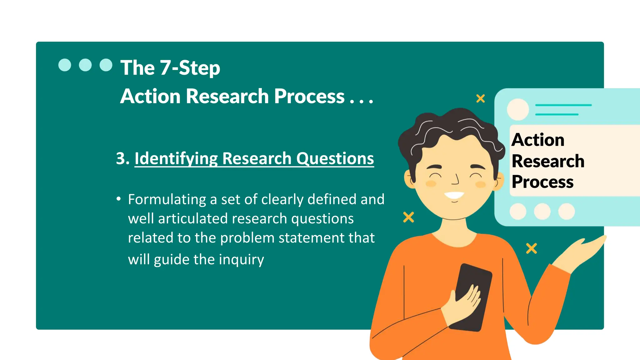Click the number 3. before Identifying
[x=122, y=158]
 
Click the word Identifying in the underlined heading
[x=176, y=158]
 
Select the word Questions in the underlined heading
[x=335, y=158]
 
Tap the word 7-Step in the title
[x=190, y=68]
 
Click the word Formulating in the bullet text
[x=167, y=199]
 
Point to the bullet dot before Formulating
[x=118, y=199]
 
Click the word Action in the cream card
[x=538, y=140]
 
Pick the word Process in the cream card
[x=542, y=182]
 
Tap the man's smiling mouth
[x=454, y=196]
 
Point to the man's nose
[x=456, y=180]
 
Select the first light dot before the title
[x=65, y=65]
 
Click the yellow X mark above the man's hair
[x=480, y=98]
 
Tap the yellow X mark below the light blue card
[x=531, y=248]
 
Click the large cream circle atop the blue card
[x=518, y=109]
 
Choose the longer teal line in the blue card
[x=563, y=105]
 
